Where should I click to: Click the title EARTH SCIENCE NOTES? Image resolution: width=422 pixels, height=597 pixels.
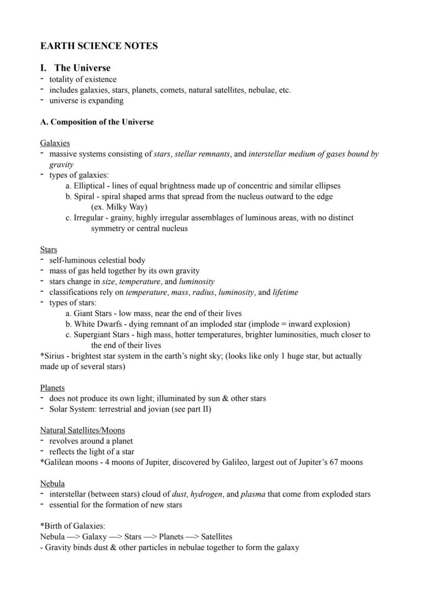[99, 46]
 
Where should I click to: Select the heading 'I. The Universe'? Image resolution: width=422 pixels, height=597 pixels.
[75, 68]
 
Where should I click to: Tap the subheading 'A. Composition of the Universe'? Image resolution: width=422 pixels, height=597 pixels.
[97, 122]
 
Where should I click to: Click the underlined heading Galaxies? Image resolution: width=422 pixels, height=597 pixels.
[55, 143]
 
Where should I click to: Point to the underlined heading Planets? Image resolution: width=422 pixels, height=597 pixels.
[52, 387]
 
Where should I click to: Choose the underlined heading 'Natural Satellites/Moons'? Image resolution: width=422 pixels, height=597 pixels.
[83, 430]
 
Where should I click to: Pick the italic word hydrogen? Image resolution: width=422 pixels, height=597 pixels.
[208, 494]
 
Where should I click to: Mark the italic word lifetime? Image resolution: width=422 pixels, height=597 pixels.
[285, 292]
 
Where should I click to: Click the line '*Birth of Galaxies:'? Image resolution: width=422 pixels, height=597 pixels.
[72, 526]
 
